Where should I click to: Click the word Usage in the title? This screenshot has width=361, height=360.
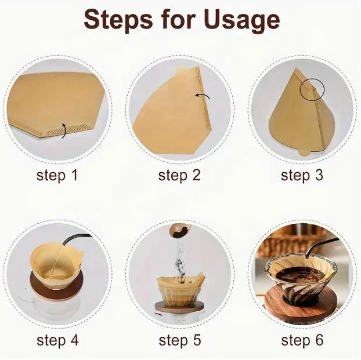[x=242, y=22]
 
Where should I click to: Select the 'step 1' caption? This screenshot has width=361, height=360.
[x=57, y=176]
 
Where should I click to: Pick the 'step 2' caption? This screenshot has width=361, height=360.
[x=179, y=176]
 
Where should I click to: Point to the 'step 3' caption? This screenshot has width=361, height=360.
[x=302, y=176]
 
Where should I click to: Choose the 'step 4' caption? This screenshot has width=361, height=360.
[x=57, y=340]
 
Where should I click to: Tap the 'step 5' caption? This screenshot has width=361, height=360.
[x=179, y=340]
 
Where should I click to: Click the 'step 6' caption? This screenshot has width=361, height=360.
[x=302, y=340]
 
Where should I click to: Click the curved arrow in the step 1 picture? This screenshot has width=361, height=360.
[x=66, y=130]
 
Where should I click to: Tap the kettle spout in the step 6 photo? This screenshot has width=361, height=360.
[x=322, y=247]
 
